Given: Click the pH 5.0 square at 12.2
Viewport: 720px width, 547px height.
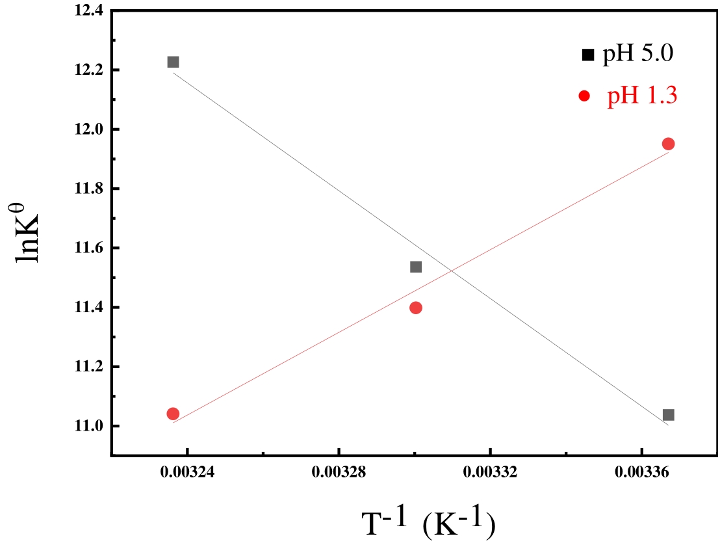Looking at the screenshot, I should click(173, 62).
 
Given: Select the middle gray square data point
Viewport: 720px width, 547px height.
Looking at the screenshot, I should click(416, 267).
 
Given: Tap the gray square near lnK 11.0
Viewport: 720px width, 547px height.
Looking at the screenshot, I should click(668, 415).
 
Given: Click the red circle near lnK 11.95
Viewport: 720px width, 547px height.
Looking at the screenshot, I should click(668, 144).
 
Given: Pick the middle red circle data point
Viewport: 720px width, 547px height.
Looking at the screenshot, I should click(416, 308).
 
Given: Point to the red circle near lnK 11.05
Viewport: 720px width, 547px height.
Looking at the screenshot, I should click(173, 414).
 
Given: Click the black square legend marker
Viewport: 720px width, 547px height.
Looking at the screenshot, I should click(588, 55).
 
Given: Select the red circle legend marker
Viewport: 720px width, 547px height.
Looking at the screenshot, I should click(584, 96).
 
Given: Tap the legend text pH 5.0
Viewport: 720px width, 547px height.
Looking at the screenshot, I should click(637, 53).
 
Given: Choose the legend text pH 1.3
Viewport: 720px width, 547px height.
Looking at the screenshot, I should click(642, 96).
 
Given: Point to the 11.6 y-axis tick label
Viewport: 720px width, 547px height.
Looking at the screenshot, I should click(89, 248).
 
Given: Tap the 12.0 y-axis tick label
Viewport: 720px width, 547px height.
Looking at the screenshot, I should click(89, 129).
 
